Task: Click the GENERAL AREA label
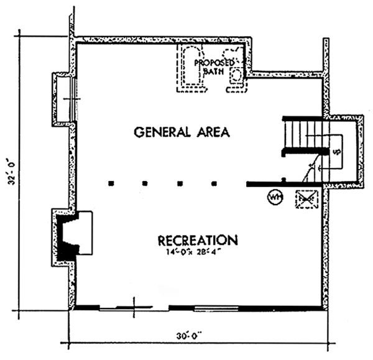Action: pos(182,132)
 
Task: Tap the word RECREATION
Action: pos(198,240)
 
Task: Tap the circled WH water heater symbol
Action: pos(274,198)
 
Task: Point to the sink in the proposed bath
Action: pos(236,76)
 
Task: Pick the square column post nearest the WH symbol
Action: pos(214,183)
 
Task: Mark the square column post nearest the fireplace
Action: pos(111,183)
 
